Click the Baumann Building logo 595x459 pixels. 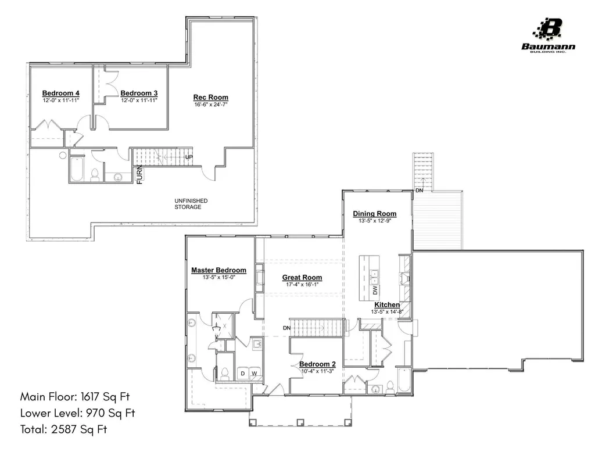[x=549, y=35]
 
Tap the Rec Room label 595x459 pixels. [x=210, y=98]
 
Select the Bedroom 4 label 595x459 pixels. [x=60, y=94]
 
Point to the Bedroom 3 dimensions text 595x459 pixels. [x=139, y=101]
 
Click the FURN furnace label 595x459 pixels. [x=139, y=175]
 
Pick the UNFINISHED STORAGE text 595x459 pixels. [x=191, y=204]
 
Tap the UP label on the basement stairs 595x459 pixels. [x=189, y=157]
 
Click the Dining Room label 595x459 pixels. [x=375, y=214]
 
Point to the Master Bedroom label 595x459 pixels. [x=218, y=270]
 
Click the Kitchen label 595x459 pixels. [x=387, y=305]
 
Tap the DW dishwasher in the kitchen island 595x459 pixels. [x=375, y=291]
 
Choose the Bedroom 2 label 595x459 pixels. [x=317, y=364]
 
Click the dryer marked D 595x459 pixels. [x=243, y=373]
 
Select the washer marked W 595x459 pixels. [x=255, y=373]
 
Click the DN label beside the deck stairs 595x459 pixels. [x=419, y=191]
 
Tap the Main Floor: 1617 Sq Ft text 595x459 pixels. [x=75, y=397]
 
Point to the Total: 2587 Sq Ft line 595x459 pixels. [x=64, y=429]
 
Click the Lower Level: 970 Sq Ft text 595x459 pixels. [x=78, y=413]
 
